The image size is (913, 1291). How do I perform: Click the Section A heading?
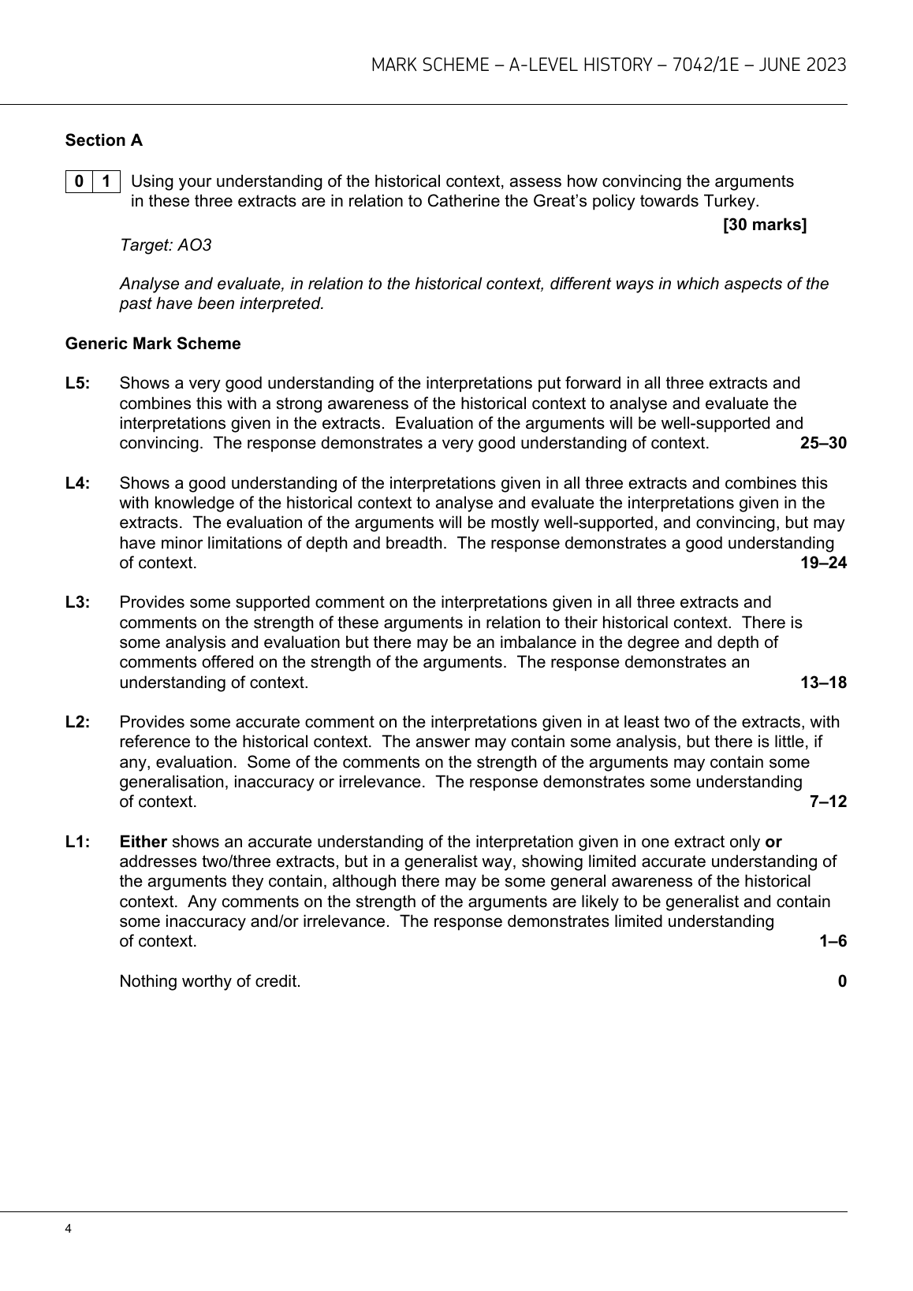coord(104,140)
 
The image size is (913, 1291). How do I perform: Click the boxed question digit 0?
coord(78,181)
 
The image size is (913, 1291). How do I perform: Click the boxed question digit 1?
coord(106,181)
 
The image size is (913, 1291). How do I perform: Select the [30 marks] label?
coord(765,225)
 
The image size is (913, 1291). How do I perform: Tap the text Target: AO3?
coord(166,245)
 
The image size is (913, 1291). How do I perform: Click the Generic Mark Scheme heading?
coord(153,344)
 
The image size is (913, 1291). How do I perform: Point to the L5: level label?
coord(78,383)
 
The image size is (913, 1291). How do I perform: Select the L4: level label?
coord(78,483)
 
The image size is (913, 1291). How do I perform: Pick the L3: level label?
coord(78,603)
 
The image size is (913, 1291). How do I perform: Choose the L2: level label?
coord(78,722)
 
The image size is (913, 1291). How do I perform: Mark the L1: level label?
coord(78,842)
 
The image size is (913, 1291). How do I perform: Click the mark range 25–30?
coord(823,443)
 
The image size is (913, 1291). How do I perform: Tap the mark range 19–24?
coord(823,563)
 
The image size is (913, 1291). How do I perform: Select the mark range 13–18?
coord(823,683)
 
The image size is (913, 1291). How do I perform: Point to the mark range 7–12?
coord(828,802)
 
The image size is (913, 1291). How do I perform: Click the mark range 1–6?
coord(833,941)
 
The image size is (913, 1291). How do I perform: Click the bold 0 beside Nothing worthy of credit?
coord(842,981)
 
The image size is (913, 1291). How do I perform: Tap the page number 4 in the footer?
coord(69,1229)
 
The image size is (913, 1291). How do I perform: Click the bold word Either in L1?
coord(143,842)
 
